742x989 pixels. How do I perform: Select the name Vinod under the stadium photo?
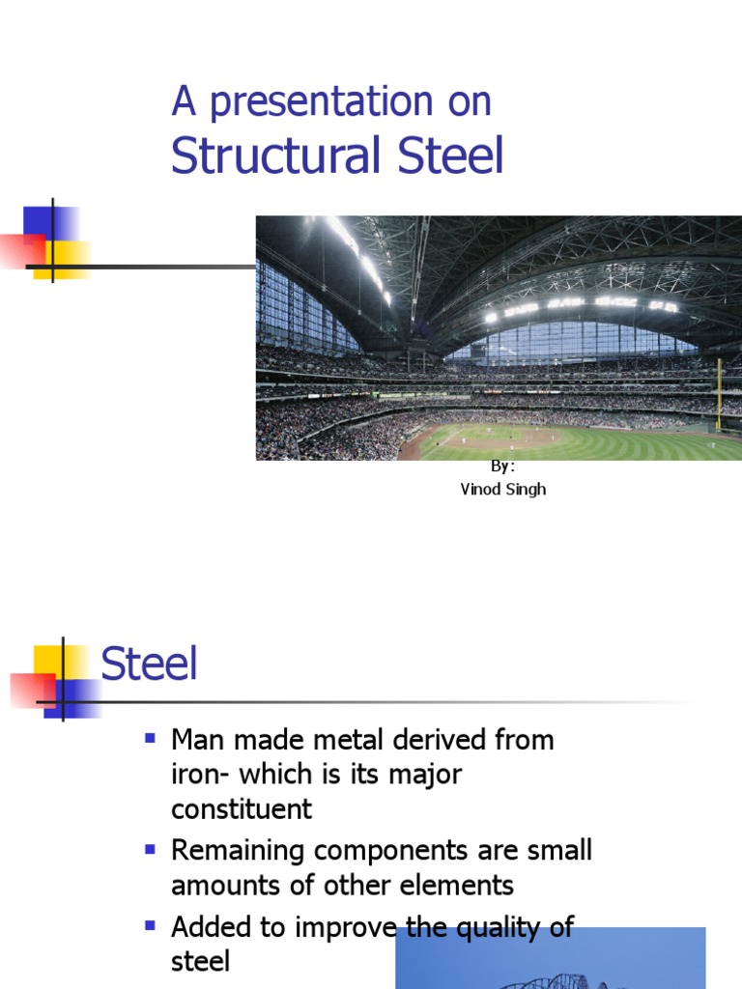tap(480, 489)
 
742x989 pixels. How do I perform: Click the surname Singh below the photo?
tap(526, 489)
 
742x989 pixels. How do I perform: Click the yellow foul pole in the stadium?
tap(718, 394)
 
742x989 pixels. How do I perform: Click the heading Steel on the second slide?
tap(149, 665)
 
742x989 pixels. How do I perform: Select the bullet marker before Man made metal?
tap(150, 739)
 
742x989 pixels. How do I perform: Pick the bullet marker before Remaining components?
tap(150, 850)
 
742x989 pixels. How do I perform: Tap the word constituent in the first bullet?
tap(242, 809)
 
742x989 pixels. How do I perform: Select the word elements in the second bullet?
tap(460, 885)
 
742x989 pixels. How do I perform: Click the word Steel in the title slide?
tap(447, 156)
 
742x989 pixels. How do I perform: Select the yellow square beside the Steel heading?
tap(50, 662)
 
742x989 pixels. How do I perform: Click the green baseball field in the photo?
tap(580, 442)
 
